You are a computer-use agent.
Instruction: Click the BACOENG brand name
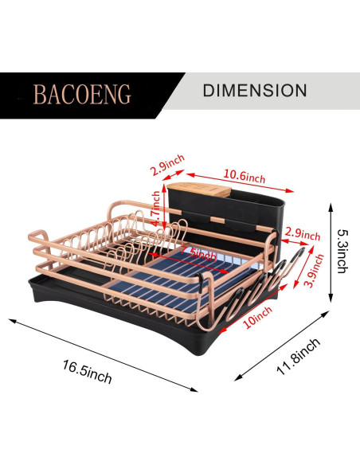(82, 94)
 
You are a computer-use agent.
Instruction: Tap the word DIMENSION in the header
(255, 90)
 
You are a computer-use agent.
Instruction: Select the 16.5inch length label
(87, 372)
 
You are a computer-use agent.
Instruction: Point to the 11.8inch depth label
(299, 356)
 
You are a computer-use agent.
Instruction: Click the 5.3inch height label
(342, 251)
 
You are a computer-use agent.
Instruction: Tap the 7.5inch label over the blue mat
(198, 253)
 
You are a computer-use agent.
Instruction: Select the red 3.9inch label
(315, 271)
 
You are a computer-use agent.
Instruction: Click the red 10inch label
(257, 318)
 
